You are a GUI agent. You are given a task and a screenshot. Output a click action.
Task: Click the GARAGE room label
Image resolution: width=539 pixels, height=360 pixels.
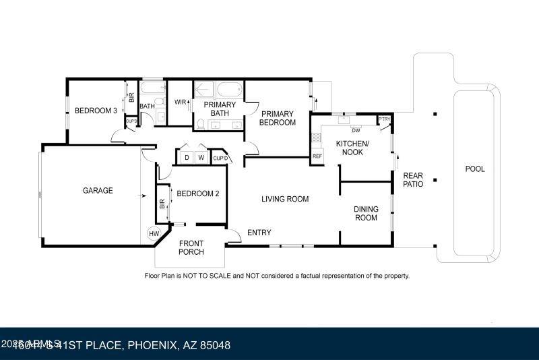[98, 191]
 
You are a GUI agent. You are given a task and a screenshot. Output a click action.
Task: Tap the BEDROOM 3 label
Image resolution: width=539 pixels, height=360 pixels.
[96, 111]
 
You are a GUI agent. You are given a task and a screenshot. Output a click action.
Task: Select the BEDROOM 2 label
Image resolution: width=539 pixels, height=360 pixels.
[198, 193]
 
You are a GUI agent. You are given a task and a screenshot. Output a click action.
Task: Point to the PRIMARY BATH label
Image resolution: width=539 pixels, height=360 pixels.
[219, 109]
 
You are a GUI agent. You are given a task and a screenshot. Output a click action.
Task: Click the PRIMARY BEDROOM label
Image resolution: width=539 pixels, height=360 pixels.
[278, 118]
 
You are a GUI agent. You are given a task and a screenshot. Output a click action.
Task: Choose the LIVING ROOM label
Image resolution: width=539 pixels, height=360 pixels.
[285, 199]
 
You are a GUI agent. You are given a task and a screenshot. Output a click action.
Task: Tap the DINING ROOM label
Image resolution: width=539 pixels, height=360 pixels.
[366, 213]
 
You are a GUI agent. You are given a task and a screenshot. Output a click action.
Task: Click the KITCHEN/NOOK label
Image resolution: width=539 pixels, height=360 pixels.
[353, 148]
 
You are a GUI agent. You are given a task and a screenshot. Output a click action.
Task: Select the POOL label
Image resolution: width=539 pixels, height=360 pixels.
[475, 169]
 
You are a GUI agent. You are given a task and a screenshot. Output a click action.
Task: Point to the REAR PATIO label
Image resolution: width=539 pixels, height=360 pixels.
[413, 180]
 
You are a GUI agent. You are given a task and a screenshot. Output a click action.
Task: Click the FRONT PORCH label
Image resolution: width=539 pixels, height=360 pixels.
[191, 248]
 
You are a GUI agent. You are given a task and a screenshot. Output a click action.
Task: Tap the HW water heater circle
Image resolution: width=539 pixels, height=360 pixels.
[154, 234]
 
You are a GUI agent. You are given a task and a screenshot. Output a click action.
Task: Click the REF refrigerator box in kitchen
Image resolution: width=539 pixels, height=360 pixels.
[317, 156]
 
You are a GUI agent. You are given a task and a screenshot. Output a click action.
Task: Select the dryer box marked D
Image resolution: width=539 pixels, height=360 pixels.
[187, 158]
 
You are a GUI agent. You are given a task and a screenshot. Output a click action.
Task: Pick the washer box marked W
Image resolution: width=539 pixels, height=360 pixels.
[201, 158]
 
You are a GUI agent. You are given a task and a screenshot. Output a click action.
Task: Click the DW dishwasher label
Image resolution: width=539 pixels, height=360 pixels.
[355, 130]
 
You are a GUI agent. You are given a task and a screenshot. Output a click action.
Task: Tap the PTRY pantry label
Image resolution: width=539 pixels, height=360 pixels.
[384, 119]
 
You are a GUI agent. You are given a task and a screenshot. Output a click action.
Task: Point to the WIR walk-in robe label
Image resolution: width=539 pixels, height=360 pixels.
[180, 102]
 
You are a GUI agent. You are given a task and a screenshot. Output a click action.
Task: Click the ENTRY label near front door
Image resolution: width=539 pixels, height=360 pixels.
[259, 233]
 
